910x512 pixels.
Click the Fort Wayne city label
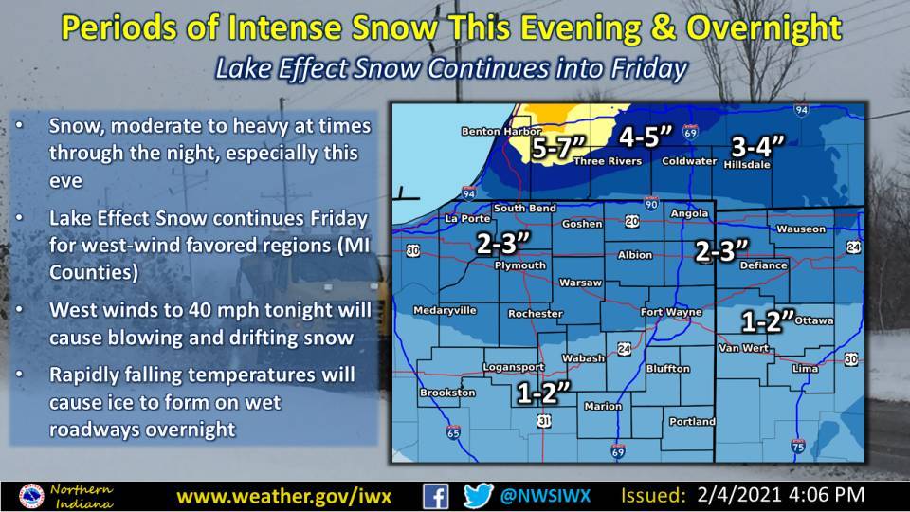pos(670,312)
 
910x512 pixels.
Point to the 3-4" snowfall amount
pos(758,146)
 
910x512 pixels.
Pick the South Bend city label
pos(523,209)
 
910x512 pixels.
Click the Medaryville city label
pos(444,310)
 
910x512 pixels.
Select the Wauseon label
pos(800,229)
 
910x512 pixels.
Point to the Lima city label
pos(804,366)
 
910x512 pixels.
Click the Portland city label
pos(691,421)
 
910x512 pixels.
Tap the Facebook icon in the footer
pos(435,495)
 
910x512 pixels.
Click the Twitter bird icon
pos(479,495)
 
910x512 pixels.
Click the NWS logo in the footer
pos(32,495)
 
